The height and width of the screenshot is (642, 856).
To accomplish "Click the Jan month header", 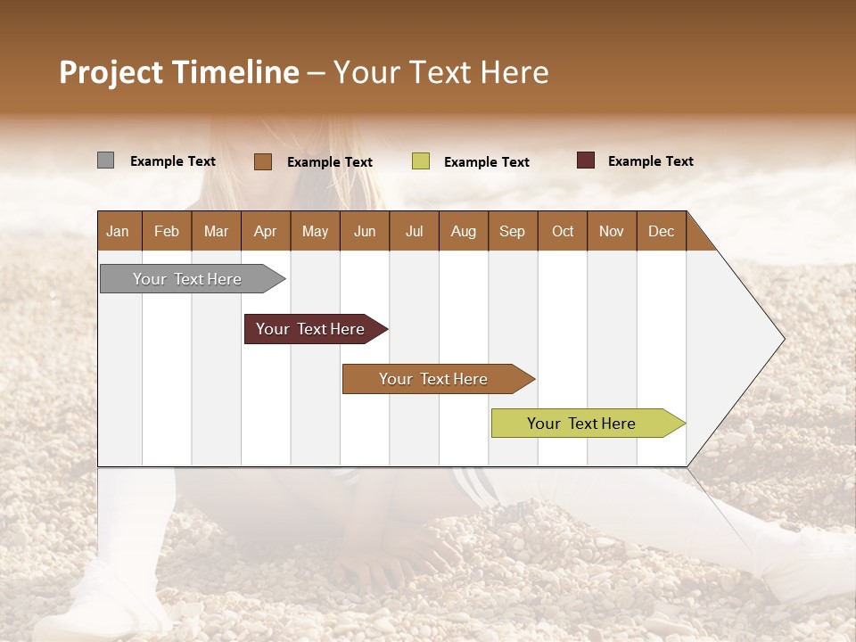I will pyautogui.click(x=119, y=231).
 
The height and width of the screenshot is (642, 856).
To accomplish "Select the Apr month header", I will pyautogui.click(x=265, y=231).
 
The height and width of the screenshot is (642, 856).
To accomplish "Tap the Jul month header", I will pyautogui.click(x=414, y=231).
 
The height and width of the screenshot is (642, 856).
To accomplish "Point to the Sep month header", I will pyautogui.click(x=512, y=231).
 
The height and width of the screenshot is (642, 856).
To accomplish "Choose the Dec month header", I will pyautogui.click(x=661, y=231).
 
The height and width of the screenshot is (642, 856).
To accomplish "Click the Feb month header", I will pyautogui.click(x=167, y=231).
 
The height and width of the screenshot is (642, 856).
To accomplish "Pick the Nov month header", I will pyautogui.click(x=611, y=231).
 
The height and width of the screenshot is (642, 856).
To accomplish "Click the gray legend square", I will pyautogui.click(x=105, y=160).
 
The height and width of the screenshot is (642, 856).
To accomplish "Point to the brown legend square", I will pyautogui.click(x=262, y=161).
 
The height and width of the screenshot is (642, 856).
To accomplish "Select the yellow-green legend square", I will pyautogui.click(x=421, y=161).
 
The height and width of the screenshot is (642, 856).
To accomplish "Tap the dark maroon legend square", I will pyautogui.click(x=586, y=160).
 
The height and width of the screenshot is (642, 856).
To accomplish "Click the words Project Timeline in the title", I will pyautogui.click(x=179, y=72).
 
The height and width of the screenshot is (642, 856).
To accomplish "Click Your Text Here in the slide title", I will pyautogui.click(x=440, y=72).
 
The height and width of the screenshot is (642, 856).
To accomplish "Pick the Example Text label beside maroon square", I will pyautogui.click(x=650, y=161).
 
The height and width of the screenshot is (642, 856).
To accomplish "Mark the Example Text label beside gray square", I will pyautogui.click(x=172, y=161).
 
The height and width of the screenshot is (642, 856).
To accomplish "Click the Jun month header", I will pyautogui.click(x=364, y=231).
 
